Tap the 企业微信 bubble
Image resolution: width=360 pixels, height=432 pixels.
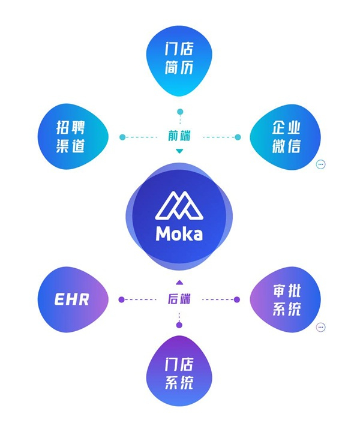click(x=286, y=137)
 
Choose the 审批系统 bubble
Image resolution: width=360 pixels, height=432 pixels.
click(x=286, y=299)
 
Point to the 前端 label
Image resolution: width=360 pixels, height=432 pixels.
click(x=179, y=136)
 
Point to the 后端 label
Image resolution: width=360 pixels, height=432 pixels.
click(x=179, y=299)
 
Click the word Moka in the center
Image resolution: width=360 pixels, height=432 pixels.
click(x=179, y=234)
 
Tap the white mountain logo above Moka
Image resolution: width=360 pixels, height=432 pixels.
click(x=179, y=205)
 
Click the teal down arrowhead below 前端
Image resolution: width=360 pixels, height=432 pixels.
click(x=179, y=151)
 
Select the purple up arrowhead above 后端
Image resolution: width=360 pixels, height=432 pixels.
click(x=179, y=282)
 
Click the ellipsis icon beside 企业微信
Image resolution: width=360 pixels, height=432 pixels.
click(x=320, y=164)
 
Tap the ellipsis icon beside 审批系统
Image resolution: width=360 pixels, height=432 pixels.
click(x=320, y=328)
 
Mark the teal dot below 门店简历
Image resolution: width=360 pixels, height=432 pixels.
click(x=180, y=112)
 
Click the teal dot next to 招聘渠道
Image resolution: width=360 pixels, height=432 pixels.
click(x=122, y=137)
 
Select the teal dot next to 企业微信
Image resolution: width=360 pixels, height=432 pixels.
click(x=238, y=137)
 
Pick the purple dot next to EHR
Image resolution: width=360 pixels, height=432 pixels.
click(x=121, y=299)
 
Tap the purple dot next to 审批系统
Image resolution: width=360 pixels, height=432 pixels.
click(x=236, y=299)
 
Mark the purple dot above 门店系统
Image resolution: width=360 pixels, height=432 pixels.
click(x=179, y=325)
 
